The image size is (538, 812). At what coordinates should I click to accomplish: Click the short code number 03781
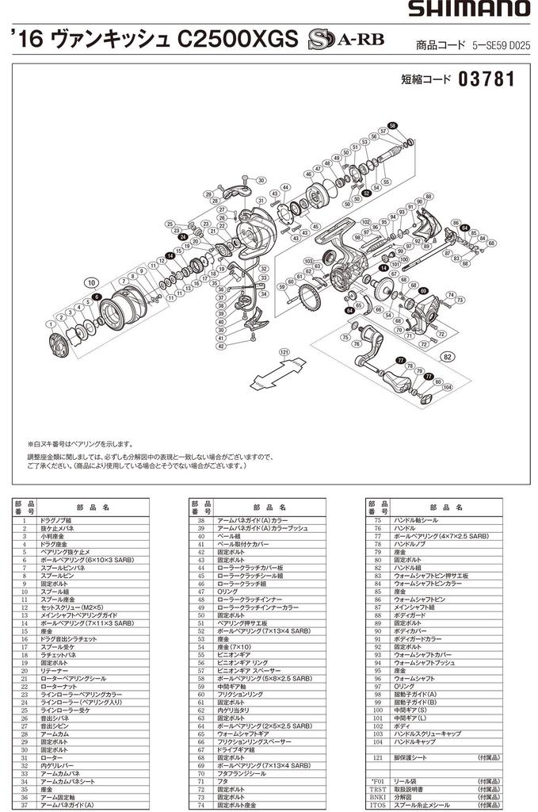tap(486, 80)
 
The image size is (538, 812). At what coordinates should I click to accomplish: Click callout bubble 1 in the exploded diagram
tap(50, 324)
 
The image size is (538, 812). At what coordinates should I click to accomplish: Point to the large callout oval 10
tap(92, 282)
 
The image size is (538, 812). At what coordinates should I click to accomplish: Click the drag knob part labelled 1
tap(57, 347)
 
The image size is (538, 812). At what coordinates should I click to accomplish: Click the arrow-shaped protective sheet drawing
tap(282, 370)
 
